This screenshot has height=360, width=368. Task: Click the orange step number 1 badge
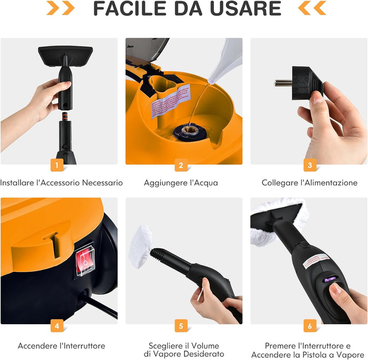pyautogui.click(x=57, y=165)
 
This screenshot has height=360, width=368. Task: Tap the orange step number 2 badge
pyautogui.click(x=181, y=165)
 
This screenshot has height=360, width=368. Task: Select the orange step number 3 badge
pyautogui.click(x=310, y=165)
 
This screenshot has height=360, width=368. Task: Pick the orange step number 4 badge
pyautogui.click(x=57, y=325)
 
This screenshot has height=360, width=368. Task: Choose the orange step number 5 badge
pyautogui.click(x=181, y=325)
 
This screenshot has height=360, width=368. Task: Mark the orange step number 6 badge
pyautogui.click(x=310, y=325)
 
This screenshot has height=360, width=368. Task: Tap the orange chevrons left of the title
pyautogui.click(x=60, y=8)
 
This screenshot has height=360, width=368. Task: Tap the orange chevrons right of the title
pyautogui.click(x=312, y=8)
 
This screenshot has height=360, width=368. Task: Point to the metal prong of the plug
pyautogui.click(x=283, y=83)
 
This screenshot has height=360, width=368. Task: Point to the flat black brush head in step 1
pyautogui.click(x=65, y=53)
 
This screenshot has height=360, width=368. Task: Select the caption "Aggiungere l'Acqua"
pyautogui.click(x=181, y=183)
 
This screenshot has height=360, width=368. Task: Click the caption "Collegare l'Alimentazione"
pyautogui.click(x=310, y=183)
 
